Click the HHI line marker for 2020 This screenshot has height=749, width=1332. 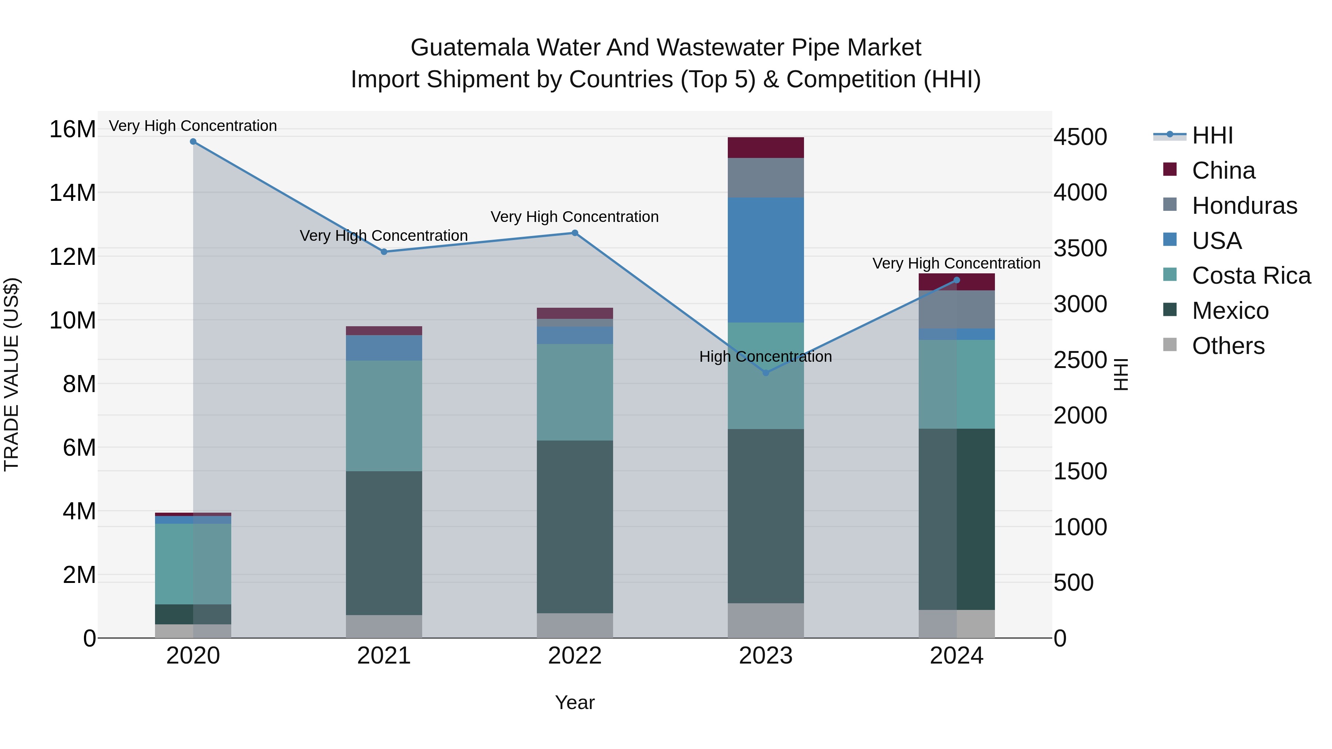[x=193, y=141]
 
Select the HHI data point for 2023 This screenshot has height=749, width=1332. [x=766, y=373]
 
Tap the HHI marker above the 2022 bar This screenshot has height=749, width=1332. [x=575, y=233]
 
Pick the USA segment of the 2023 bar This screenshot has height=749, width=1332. [x=766, y=260]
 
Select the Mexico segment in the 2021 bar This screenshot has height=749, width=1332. [x=384, y=543]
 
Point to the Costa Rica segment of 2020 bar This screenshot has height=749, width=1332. [x=193, y=563]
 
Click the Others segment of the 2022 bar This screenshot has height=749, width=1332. [x=575, y=625]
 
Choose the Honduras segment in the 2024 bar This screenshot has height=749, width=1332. [x=956, y=309]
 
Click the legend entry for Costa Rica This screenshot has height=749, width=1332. [x=1251, y=276]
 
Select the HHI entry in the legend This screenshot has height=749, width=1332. [x=1212, y=135]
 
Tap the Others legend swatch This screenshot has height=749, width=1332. [x=1170, y=345]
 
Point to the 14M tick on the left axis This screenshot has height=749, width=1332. [x=73, y=193]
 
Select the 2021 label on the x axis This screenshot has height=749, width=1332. [x=384, y=656]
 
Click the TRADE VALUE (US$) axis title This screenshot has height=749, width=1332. [x=11, y=374]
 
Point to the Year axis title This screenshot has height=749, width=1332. [x=575, y=702]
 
